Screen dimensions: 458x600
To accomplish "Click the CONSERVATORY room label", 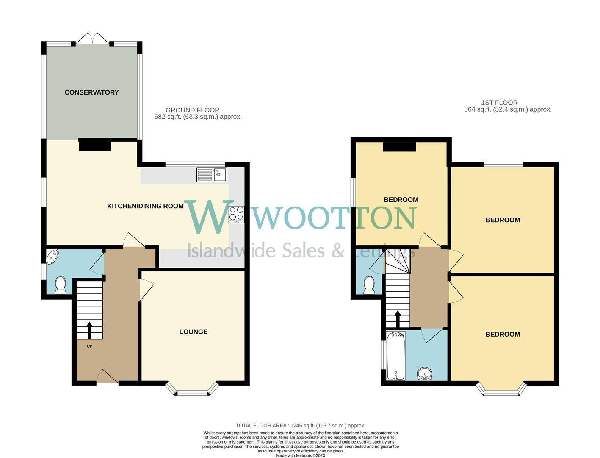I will [x=91, y=92].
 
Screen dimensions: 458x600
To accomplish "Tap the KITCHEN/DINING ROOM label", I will [x=145, y=206].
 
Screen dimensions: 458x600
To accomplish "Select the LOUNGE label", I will [x=193, y=332].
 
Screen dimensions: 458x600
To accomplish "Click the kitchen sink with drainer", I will [x=212, y=175].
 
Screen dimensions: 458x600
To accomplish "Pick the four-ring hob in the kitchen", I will [x=236, y=214].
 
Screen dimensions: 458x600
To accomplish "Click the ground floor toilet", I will [x=61, y=285].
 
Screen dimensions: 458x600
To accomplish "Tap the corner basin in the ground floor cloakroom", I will [x=53, y=256].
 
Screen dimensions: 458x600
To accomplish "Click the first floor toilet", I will [x=369, y=285].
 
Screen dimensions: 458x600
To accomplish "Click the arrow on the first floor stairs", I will [x=398, y=319].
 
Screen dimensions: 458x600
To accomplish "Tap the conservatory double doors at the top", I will [x=93, y=38].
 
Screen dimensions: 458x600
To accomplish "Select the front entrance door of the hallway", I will [x=108, y=377].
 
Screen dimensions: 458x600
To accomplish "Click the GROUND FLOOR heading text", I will [x=192, y=110].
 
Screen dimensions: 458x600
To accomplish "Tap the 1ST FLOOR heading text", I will [x=499, y=103].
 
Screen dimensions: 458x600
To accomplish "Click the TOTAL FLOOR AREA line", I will [x=300, y=425].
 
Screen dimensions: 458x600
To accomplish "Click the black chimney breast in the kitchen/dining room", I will [x=95, y=145].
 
